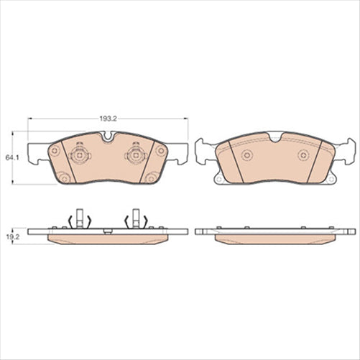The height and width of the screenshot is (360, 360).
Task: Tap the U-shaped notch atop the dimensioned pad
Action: click(x=107, y=138)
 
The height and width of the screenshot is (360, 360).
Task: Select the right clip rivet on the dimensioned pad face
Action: click(x=133, y=153)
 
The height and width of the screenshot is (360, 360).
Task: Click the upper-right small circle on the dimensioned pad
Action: click(x=161, y=150)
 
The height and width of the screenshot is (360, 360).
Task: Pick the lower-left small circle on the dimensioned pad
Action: click(x=63, y=178)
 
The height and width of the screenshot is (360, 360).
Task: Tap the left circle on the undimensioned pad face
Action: click(x=246, y=155)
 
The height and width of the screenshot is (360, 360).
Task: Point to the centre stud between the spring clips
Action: click(x=106, y=231)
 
